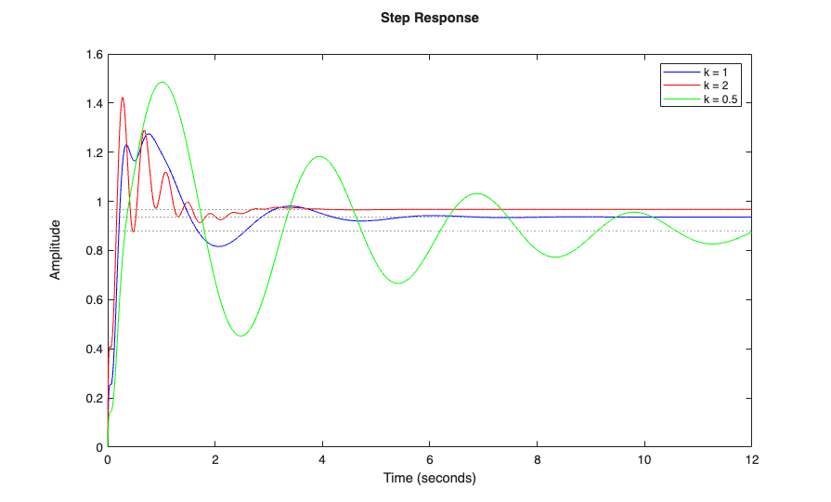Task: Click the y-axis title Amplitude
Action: point(56,249)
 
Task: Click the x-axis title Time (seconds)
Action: point(429,479)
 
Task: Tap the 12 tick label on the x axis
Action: point(750,460)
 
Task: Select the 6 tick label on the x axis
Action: point(429,460)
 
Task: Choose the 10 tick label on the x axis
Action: point(643,460)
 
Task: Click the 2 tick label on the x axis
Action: point(214,460)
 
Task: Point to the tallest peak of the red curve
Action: point(123,98)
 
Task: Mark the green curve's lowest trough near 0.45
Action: point(241,336)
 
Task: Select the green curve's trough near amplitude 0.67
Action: point(398,283)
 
